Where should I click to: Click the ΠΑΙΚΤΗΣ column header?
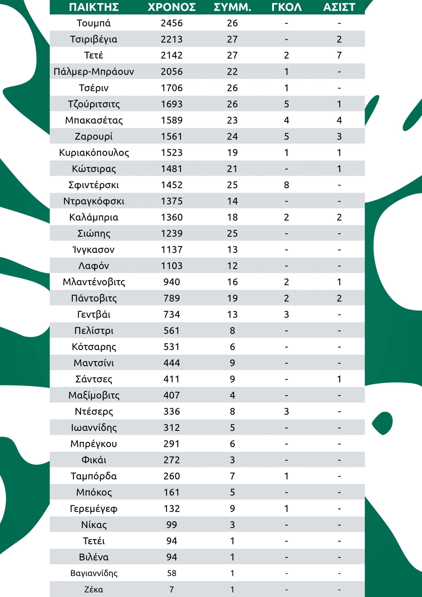[94, 7]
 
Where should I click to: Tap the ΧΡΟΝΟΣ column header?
[172, 7]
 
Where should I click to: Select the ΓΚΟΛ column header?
[287, 7]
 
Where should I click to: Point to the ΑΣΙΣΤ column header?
[339, 7]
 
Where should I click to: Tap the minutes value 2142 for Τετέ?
[172, 55]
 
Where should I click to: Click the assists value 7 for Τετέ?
[339, 55]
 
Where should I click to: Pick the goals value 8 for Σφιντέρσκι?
[287, 185]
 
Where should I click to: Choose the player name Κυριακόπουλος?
[94, 153]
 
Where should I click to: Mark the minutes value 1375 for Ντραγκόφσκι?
[172, 201]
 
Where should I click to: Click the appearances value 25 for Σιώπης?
[232, 233]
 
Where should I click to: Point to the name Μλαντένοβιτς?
[94, 282]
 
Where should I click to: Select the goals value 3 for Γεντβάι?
[287, 314]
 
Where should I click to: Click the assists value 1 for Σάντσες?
[339, 379]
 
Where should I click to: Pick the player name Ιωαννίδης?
[94, 427]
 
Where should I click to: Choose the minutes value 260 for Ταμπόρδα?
[172, 476]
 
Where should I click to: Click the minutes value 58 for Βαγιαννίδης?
[172, 573]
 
